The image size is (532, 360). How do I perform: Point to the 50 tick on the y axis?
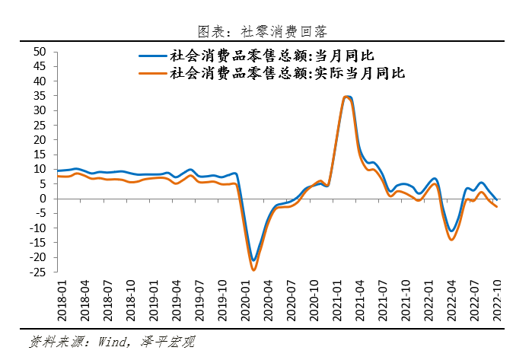coord(40,52)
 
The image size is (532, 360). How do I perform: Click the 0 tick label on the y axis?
coord(43,199)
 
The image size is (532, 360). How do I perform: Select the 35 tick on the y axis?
coord(40,96)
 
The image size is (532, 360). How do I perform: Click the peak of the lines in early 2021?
coord(347,97)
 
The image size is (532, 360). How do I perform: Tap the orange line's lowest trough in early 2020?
coord(253,270)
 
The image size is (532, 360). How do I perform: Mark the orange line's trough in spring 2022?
coord(452,240)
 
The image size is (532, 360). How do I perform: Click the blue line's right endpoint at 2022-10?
coord(497,199)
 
